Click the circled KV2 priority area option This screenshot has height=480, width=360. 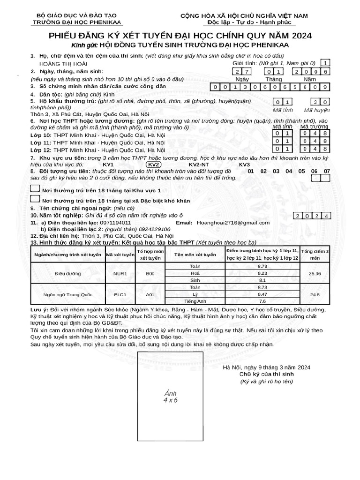[154, 165]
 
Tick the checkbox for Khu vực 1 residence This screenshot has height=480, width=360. [35, 189]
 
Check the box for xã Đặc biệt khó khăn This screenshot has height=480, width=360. [35, 200]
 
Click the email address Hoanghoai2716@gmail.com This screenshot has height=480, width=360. [233, 223]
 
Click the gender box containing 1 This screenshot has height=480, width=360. [326, 63]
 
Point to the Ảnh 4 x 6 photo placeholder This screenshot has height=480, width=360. [170, 397]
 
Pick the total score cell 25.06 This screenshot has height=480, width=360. [315, 273]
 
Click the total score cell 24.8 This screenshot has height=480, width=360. [315, 294]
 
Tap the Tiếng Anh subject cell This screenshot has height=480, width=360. [195, 301]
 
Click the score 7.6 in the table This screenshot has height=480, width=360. [262, 301]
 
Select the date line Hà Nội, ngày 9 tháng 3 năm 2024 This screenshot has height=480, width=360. [266, 367]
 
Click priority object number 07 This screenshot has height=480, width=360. [327, 172]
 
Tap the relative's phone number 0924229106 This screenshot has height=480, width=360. [153, 229]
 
